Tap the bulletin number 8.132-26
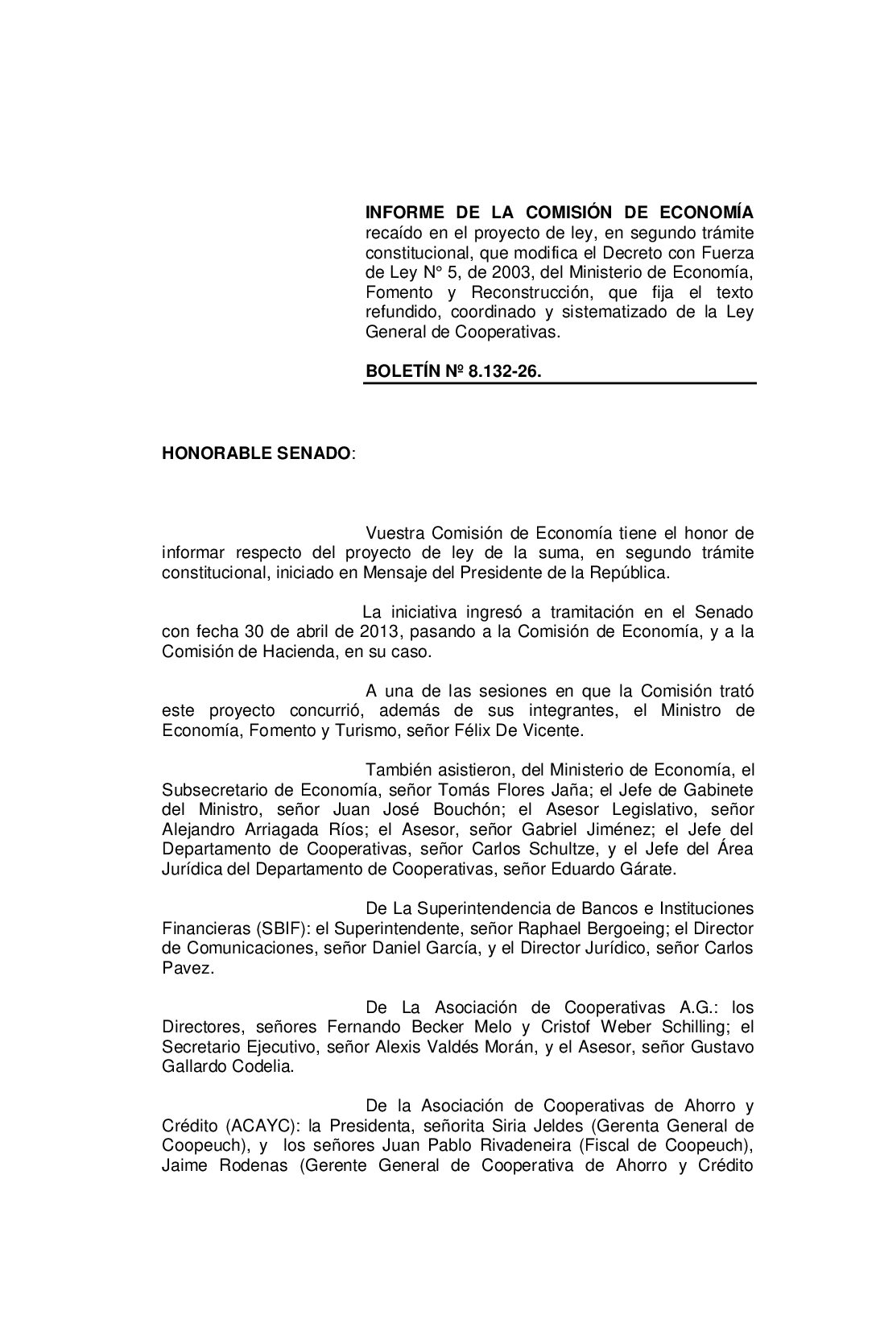pyautogui.click(x=505, y=372)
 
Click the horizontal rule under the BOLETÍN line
pyautogui.click(x=560, y=383)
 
